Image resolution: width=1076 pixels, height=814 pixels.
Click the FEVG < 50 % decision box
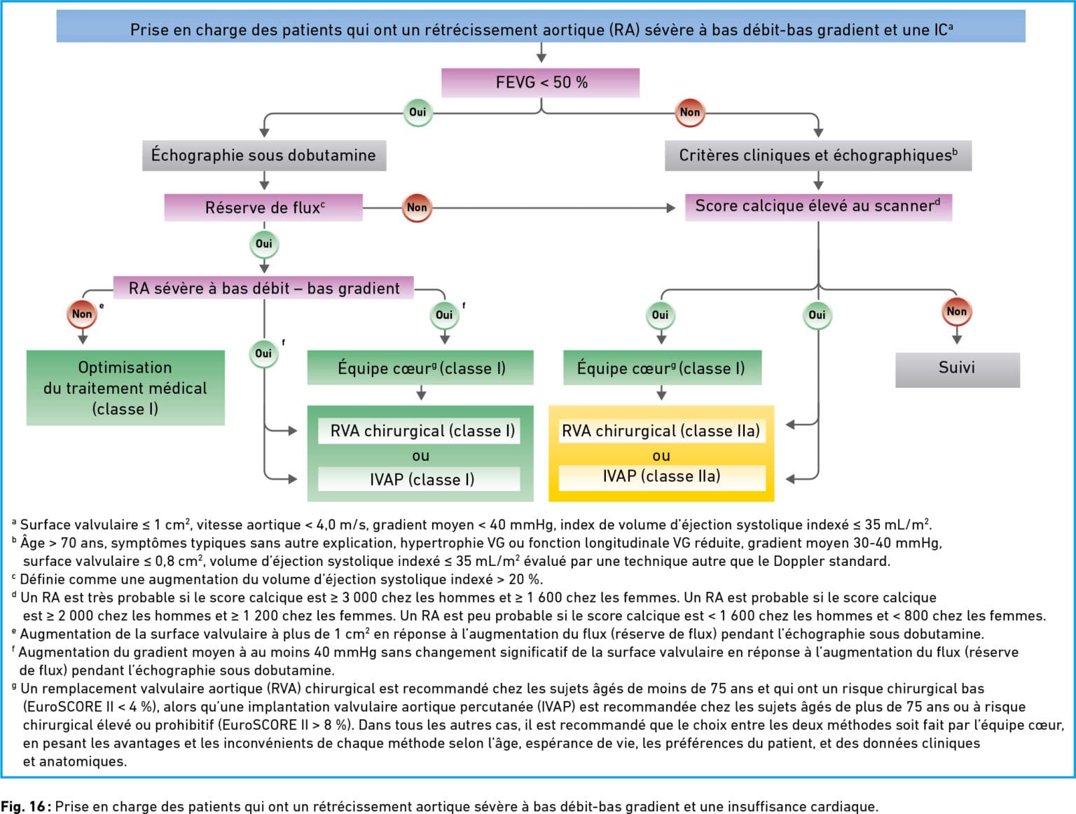pyautogui.click(x=540, y=83)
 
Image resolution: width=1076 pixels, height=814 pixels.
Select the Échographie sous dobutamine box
pyautogui.click(x=263, y=156)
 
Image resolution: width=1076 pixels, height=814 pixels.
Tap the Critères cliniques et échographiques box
pyautogui.click(x=818, y=156)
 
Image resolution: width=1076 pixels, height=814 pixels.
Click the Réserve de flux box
pyautogui.click(x=263, y=207)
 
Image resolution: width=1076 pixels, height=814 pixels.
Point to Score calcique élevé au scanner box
pyautogui.click(x=818, y=207)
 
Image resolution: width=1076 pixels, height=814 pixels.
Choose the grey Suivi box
pyautogui.click(x=958, y=370)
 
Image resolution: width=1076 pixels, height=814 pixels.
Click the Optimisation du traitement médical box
pyautogui.click(x=125, y=387)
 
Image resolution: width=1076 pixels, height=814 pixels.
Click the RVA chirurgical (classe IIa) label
pyautogui.click(x=662, y=431)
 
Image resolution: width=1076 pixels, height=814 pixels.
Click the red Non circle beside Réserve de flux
pyautogui.click(x=417, y=207)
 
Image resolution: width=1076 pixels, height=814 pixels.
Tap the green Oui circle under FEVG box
pyautogui.click(x=418, y=112)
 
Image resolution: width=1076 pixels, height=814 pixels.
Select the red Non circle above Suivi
pyautogui.click(x=957, y=311)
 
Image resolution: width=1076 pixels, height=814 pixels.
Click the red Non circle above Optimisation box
pyautogui.click(x=82, y=314)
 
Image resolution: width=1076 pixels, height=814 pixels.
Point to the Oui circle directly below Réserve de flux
pyautogui.click(x=263, y=244)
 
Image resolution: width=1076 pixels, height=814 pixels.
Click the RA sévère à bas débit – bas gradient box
pyautogui.click(x=263, y=288)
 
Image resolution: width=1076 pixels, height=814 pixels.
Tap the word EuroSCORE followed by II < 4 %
pyautogui.click(x=66, y=707)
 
